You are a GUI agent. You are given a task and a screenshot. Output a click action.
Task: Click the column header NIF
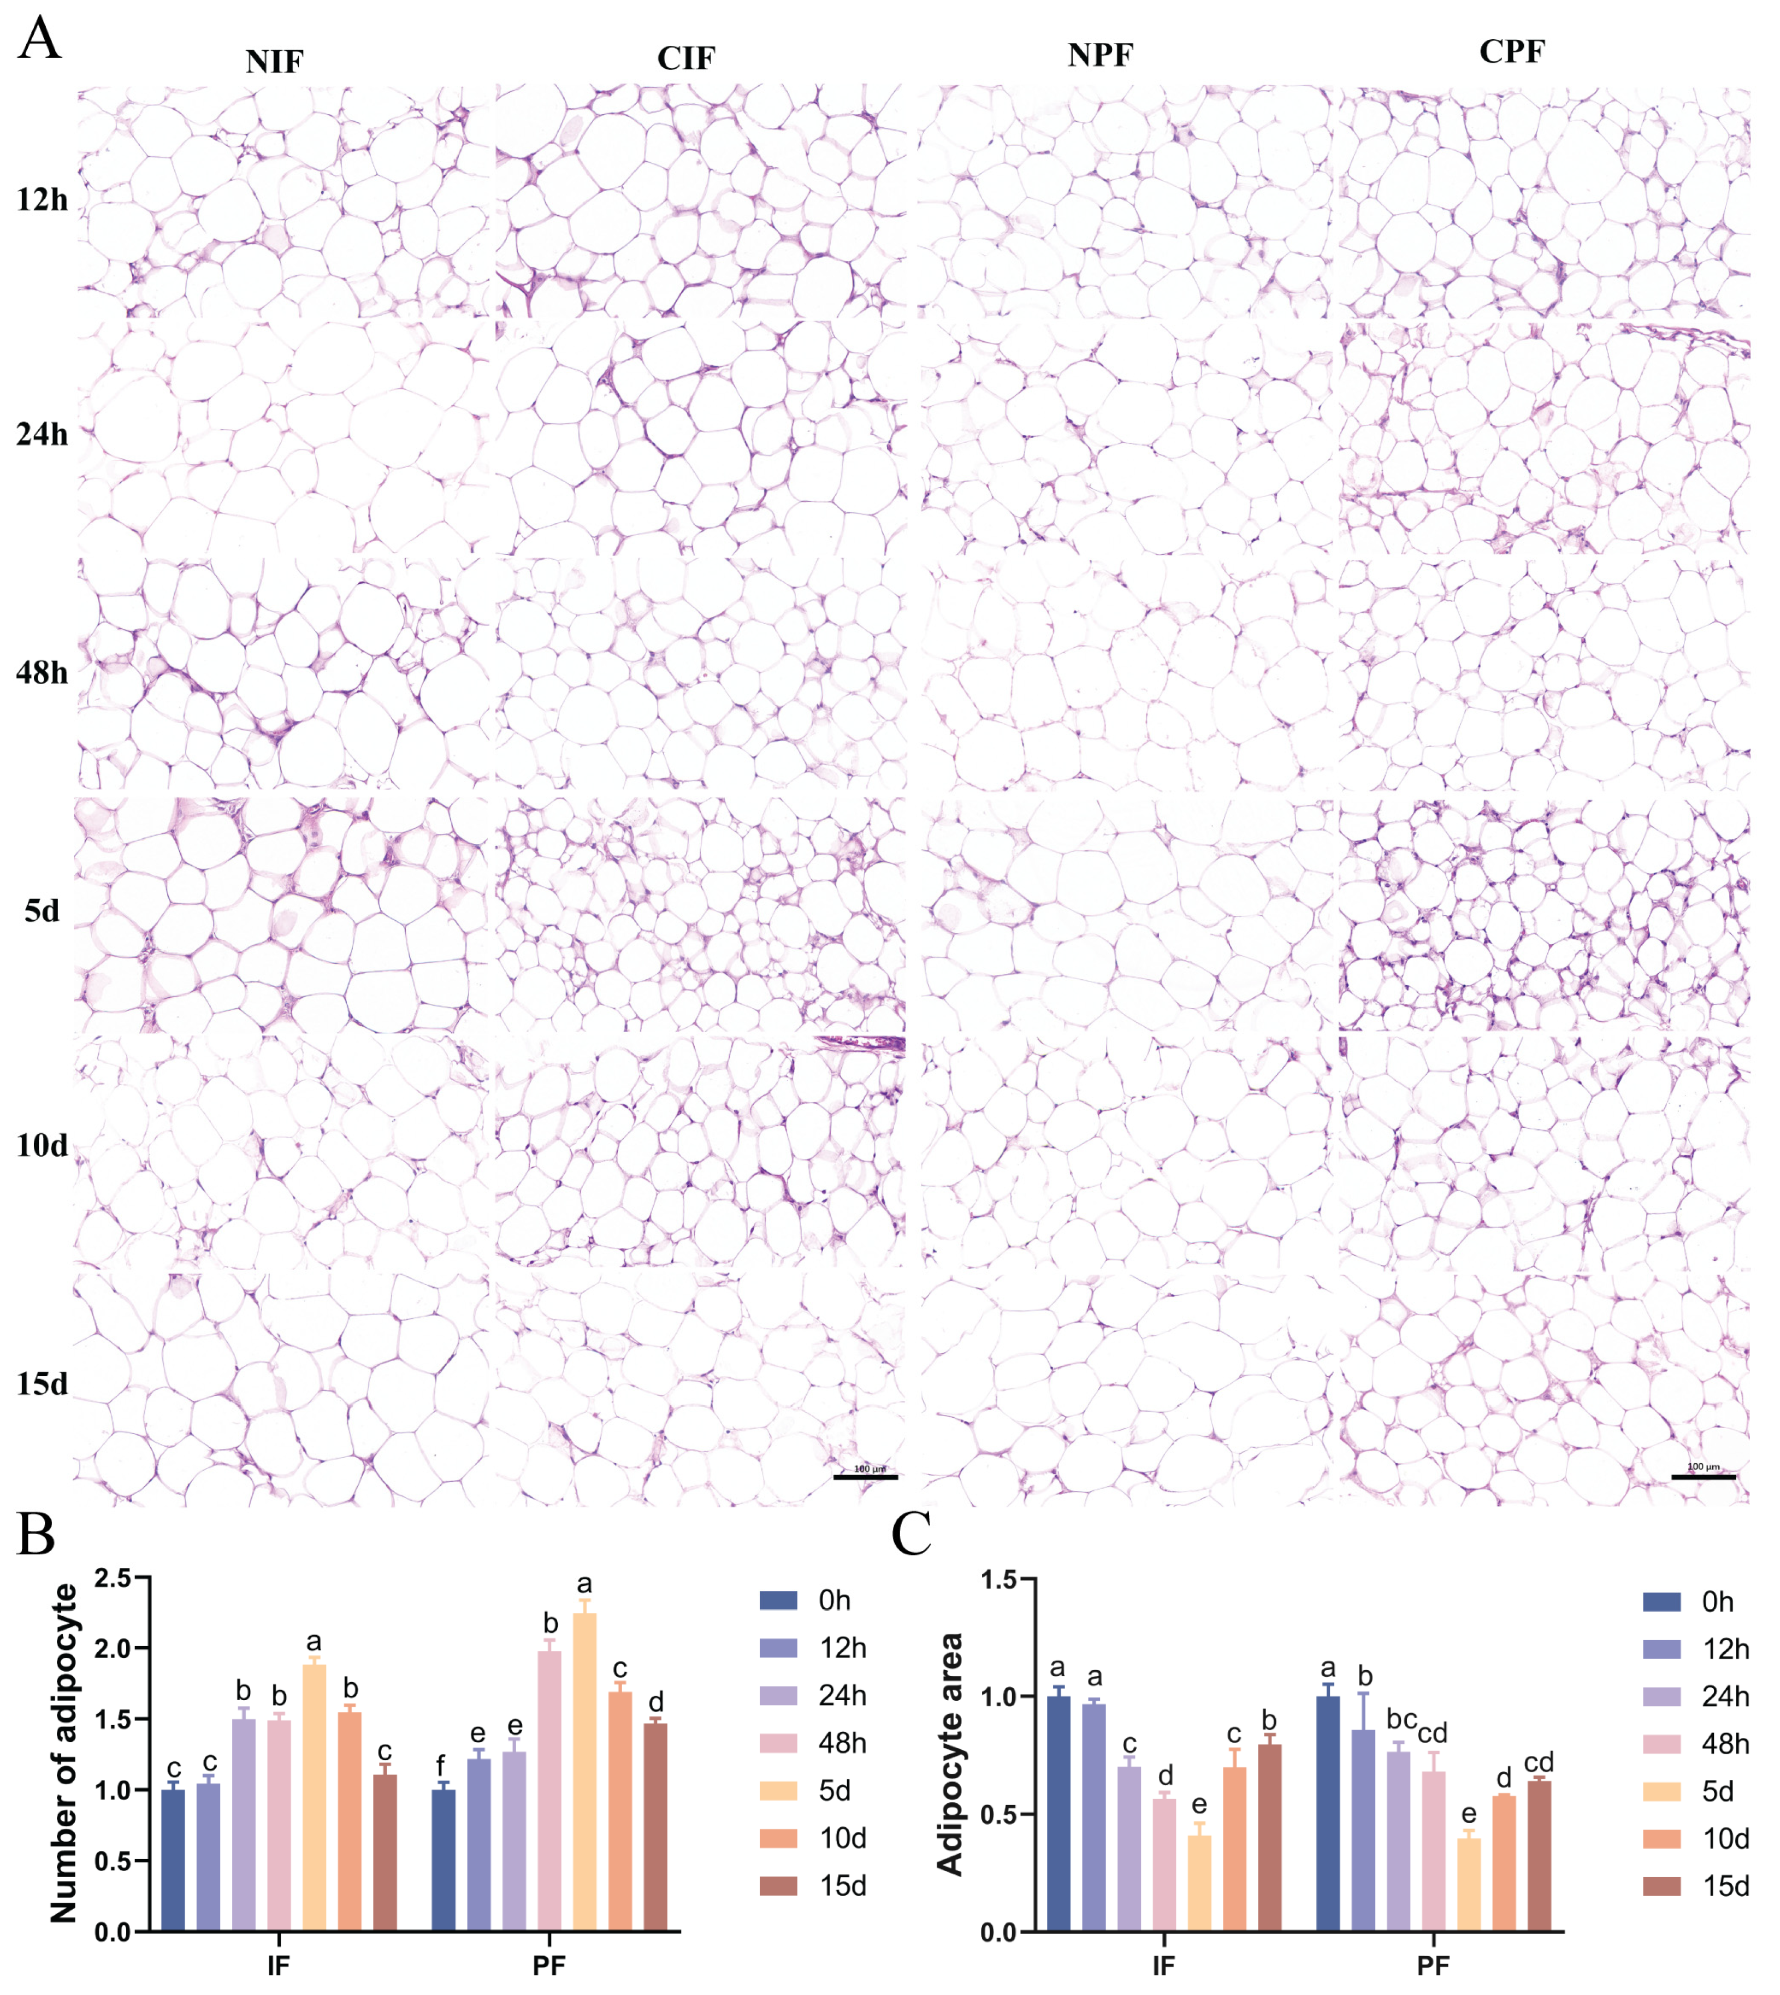[275, 62]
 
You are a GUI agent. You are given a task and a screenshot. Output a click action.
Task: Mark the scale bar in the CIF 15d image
[865, 1477]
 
